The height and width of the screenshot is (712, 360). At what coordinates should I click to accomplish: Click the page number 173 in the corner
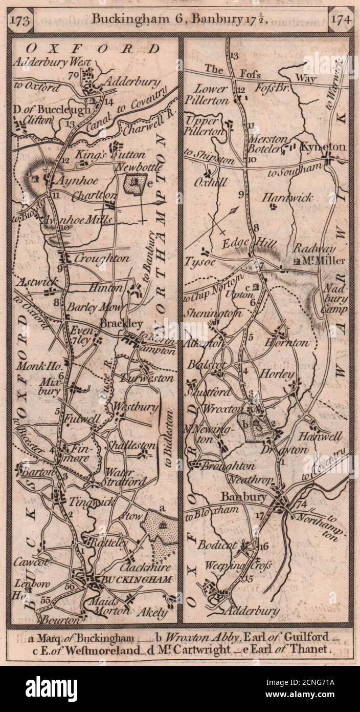click(x=22, y=20)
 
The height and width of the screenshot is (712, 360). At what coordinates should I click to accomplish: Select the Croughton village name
click(x=102, y=258)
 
